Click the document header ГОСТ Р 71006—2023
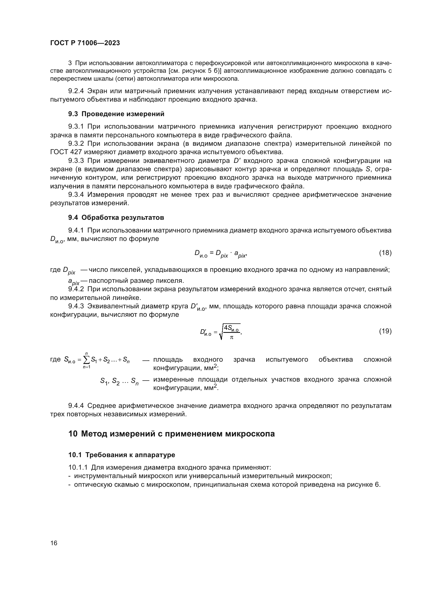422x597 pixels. click(85, 43)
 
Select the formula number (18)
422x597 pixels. click(385, 253)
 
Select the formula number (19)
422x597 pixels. click(385, 331)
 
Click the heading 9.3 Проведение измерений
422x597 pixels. click(116, 114)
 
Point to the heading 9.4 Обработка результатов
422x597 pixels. click(116, 218)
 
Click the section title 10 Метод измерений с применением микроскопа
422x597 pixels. click(171, 434)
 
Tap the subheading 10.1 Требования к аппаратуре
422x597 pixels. click(122, 455)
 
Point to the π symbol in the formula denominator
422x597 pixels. click(231, 337)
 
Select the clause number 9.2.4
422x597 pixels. click(76, 91)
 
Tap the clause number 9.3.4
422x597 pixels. click(76, 195)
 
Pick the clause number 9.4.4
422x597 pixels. click(76, 406)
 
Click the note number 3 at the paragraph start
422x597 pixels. click(70, 63)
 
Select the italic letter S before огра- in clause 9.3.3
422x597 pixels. click(368, 169)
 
